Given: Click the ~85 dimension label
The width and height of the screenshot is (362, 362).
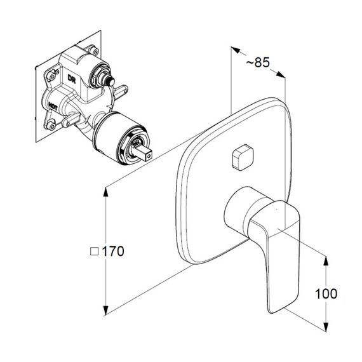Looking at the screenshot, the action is (258, 62).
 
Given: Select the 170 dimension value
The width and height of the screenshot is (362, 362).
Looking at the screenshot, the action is (113, 251).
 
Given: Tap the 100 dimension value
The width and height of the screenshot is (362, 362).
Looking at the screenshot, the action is (326, 293).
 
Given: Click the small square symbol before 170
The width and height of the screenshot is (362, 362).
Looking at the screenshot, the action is (94, 251).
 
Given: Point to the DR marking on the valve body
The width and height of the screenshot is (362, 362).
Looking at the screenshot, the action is (72, 79).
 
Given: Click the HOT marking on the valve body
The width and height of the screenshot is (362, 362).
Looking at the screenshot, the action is (53, 107).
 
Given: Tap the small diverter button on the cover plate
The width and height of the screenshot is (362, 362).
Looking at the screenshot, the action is (243, 158).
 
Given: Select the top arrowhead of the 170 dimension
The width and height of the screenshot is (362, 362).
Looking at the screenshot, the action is (105, 192).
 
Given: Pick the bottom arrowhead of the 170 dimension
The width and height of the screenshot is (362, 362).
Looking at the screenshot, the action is (105, 311).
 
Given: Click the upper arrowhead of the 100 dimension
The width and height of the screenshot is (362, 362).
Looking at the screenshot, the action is (326, 260).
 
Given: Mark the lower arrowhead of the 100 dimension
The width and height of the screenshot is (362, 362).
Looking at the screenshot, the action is (326, 326).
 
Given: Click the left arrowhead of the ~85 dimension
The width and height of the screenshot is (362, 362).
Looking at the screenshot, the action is (236, 50).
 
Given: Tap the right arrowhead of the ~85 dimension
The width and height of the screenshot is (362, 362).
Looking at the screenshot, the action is (281, 74).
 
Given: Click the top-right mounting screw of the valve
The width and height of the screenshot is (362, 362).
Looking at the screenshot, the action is (95, 51).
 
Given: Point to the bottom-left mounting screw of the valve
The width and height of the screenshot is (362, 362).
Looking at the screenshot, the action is (51, 126).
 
